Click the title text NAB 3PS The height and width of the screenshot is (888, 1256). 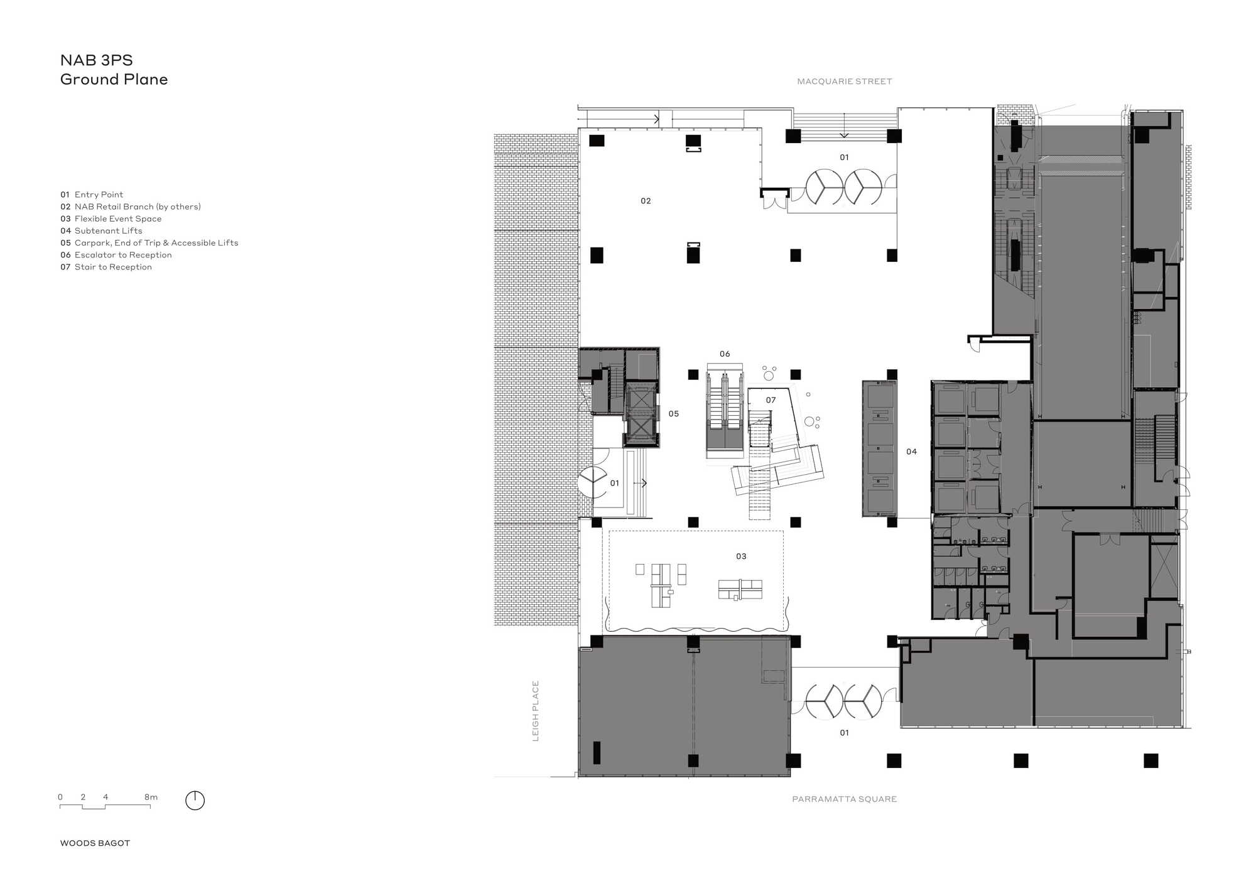(97, 60)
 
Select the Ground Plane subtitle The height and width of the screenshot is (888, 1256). (114, 79)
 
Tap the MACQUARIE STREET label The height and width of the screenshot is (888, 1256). (844, 81)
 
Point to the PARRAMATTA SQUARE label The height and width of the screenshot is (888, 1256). (844, 799)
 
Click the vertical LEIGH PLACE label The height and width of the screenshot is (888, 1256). (536, 711)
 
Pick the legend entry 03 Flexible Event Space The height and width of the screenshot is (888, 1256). (111, 219)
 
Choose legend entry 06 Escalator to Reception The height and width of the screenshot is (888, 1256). (116, 255)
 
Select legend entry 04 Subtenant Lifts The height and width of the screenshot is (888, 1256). (101, 230)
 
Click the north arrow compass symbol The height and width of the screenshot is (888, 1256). (195, 800)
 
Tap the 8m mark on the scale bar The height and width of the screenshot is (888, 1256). (151, 797)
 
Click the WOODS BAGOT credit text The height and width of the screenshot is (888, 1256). (95, 843)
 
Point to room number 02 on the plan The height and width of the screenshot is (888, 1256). (646, 201)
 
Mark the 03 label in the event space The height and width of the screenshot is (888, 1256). (741, 556)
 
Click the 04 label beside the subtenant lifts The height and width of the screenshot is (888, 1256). (911, 452)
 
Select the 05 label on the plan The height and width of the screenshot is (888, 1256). (673, 414)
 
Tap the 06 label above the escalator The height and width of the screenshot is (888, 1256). (725, 354)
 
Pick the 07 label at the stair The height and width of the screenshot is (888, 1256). (771, 400)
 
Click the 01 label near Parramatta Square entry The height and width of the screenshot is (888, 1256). (844, 733)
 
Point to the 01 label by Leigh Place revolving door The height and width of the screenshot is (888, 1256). (614, 484)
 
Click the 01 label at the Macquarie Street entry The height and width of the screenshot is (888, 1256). (844, 158)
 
